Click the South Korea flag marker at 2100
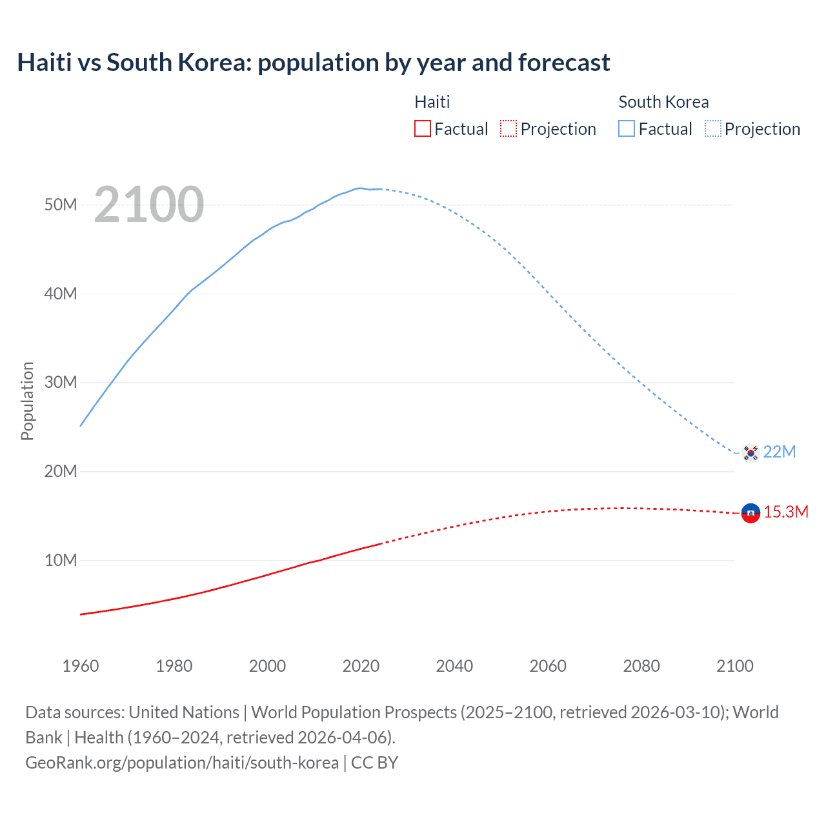750,453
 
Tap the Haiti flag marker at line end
750,513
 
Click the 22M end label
780,452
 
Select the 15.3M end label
786,512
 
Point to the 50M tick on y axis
61,205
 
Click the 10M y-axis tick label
61,560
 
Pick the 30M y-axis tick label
61,382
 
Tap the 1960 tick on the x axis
81,666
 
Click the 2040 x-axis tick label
454,666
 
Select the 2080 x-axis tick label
641,666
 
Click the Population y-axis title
27,401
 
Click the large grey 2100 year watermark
149,205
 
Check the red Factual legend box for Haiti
423,128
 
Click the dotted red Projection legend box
509,128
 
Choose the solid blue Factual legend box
627,128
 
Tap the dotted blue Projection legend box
712,128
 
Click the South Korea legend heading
663,102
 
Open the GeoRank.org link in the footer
182,763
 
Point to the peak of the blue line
360,188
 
